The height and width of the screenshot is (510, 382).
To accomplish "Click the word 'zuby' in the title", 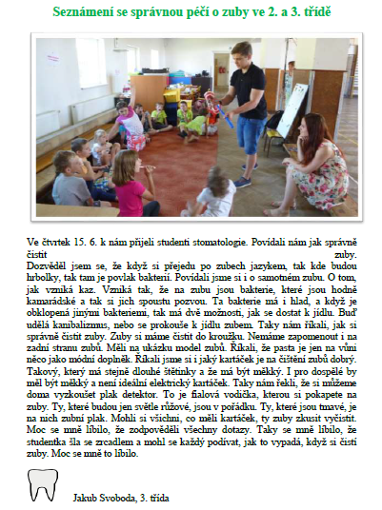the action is pyautogui.click(x=228, y=12).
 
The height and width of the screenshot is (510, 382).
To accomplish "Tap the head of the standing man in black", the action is pyautogui.click(x=240, y=51).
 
